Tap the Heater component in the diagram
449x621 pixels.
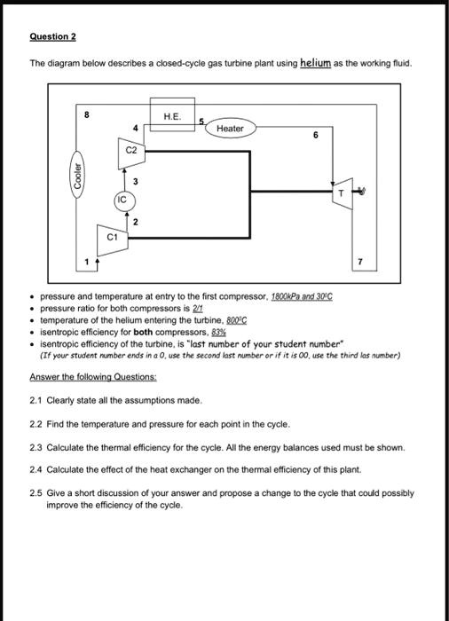230,129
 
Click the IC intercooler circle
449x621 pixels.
121,200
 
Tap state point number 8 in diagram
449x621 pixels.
87,114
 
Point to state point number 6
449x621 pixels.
317,135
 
